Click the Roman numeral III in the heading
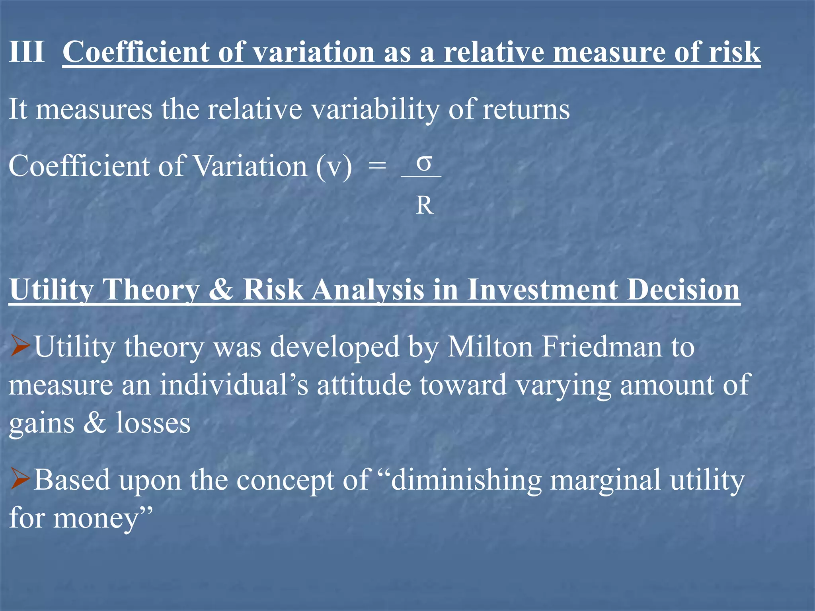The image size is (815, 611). point(27,52)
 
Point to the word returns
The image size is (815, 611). point(526,109)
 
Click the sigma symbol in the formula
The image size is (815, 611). point(424,163)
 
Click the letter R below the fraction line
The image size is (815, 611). point(425,206)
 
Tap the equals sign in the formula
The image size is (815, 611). point(377,166)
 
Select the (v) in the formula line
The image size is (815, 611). point(334,166)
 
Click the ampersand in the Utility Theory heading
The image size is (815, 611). point(220,289)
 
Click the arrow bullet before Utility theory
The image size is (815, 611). point(20,345)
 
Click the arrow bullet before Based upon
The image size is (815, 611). point(20,479)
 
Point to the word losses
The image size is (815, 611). point(153,422)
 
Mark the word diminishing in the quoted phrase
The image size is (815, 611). point(466,480)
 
